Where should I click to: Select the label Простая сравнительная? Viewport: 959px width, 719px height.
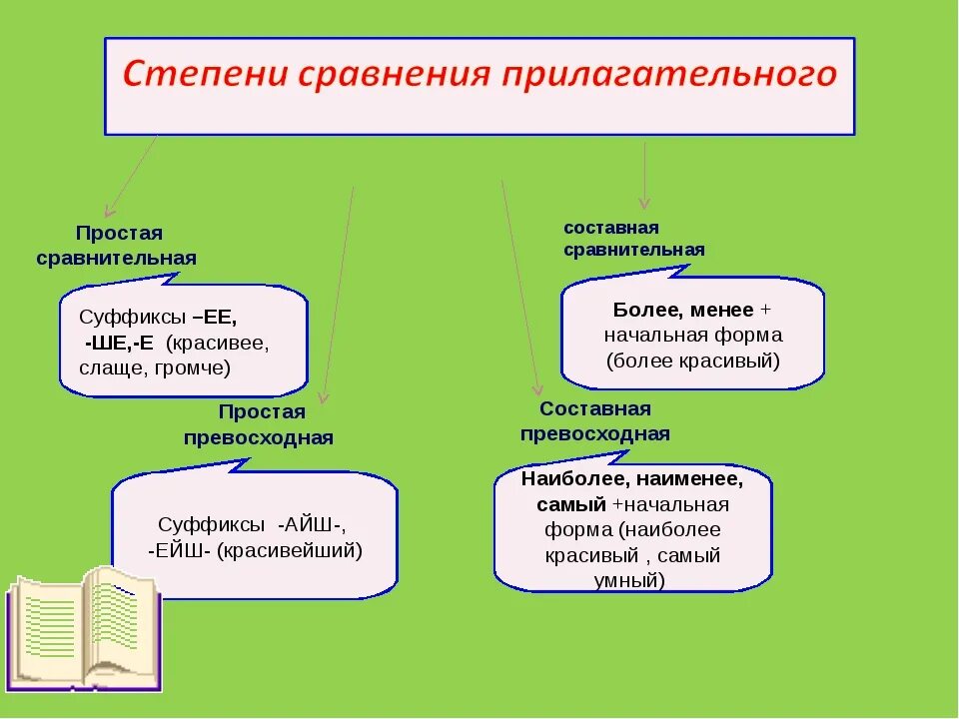117,246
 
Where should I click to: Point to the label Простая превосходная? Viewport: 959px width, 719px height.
258,425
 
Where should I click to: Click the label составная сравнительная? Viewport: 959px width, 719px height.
633,239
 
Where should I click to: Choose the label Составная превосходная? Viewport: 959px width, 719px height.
595,421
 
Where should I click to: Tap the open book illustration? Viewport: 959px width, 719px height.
84,626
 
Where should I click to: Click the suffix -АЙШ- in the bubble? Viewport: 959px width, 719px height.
313,524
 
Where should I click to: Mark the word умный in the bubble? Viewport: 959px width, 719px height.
633,580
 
